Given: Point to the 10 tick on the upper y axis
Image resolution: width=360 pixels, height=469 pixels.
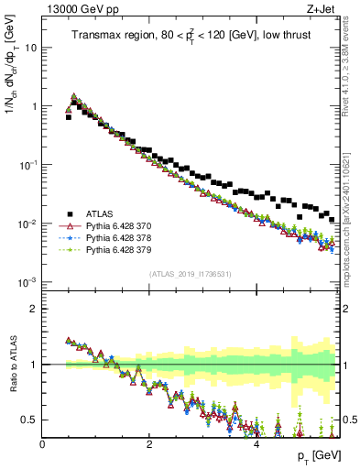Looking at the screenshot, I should point(31,47).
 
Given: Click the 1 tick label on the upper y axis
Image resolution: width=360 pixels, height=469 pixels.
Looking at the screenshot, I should point(34,106).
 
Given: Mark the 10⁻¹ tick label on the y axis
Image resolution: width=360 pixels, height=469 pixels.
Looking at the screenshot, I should point(29,165).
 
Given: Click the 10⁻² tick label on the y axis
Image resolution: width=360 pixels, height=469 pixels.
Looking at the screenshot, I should point(29,224).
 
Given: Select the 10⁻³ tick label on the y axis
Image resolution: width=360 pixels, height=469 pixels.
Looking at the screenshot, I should point(29,282).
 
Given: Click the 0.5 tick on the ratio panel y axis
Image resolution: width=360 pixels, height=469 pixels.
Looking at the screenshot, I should point(31,420).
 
